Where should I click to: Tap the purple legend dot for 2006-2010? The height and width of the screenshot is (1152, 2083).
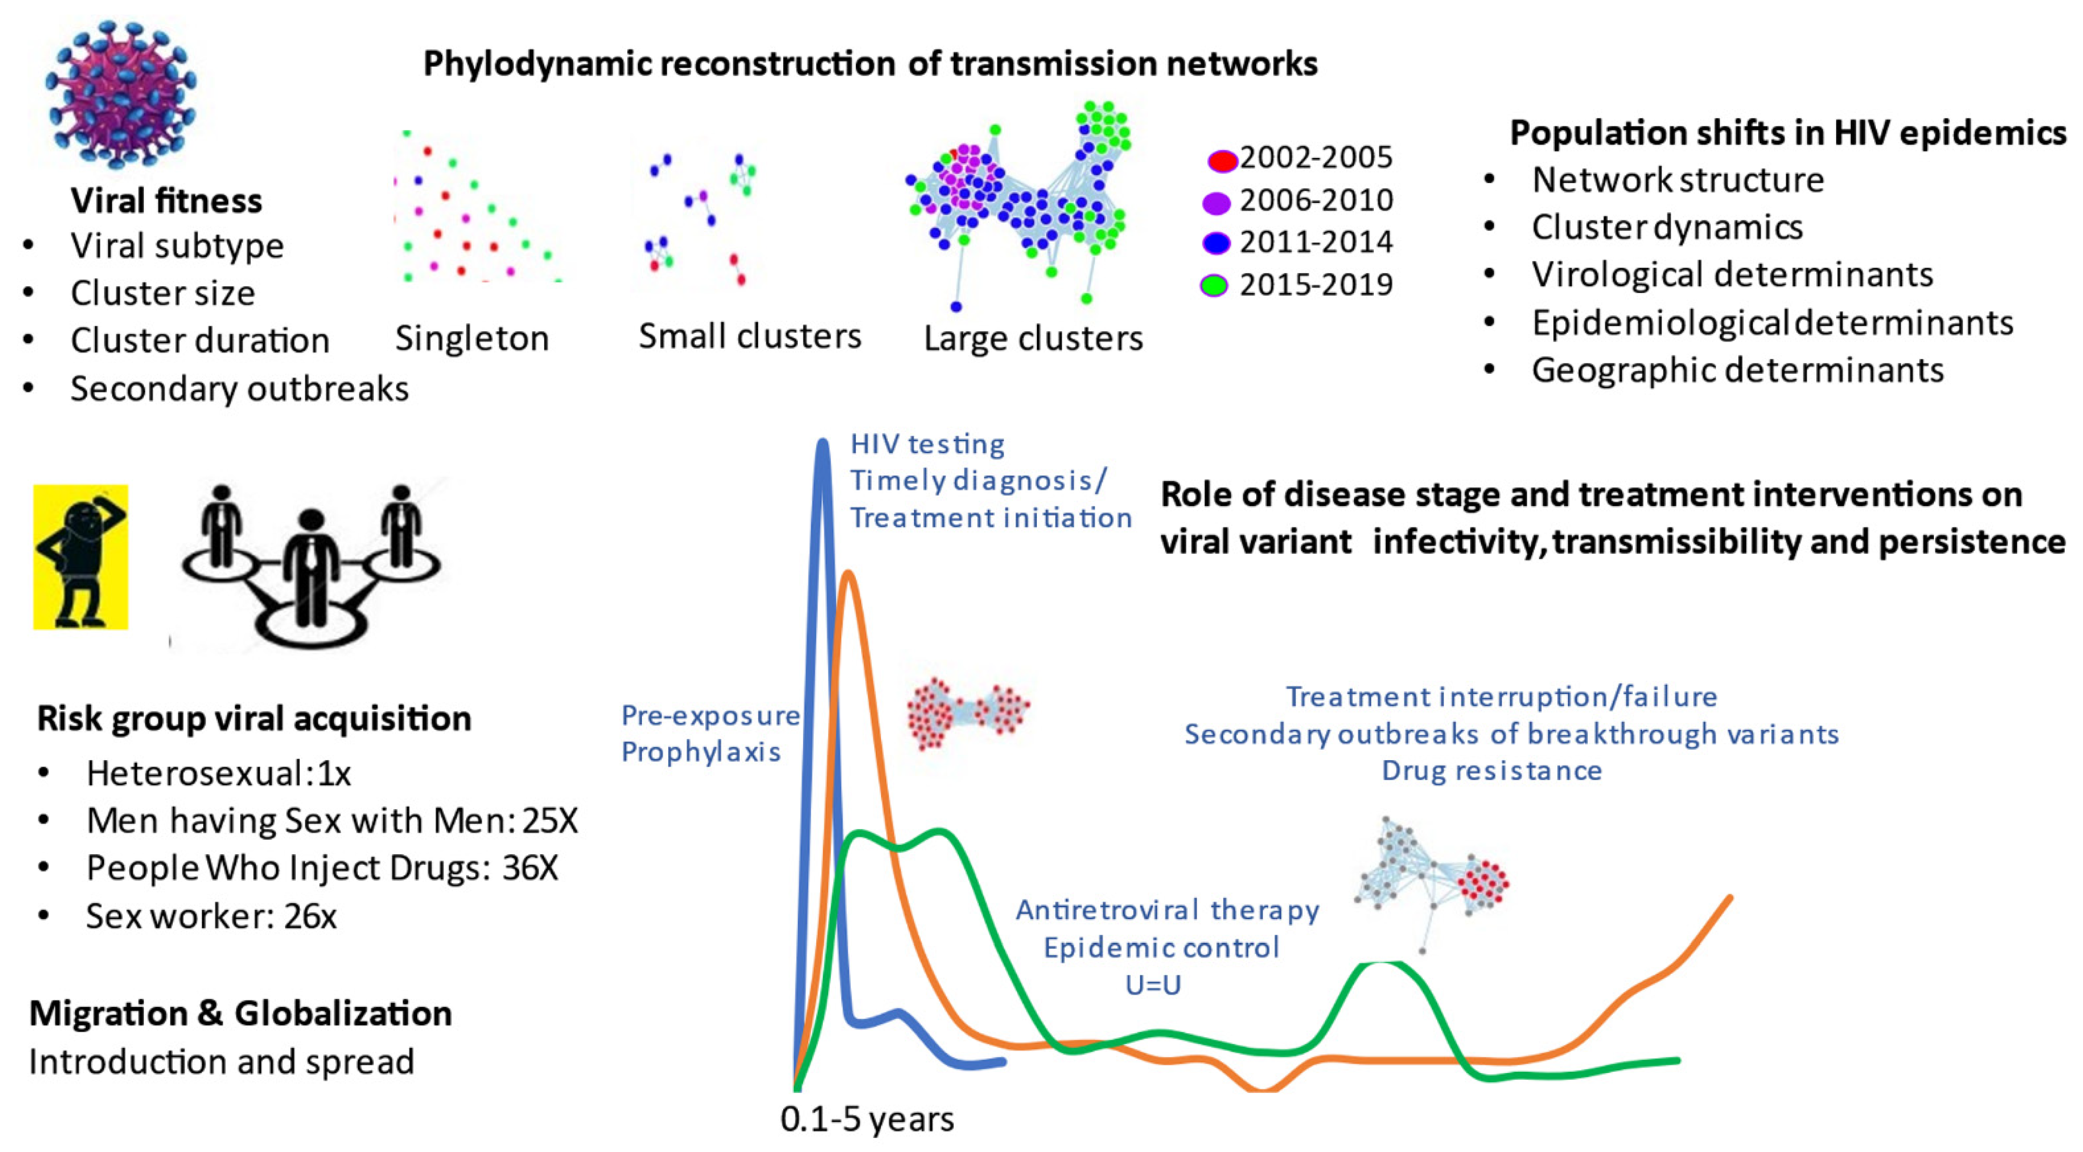coord(1216,202)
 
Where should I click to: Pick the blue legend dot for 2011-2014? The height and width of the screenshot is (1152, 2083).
coord(1216,243)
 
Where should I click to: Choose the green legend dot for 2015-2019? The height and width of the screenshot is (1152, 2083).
coord(1214,285)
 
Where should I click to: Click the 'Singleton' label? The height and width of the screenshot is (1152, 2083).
coord(471,338)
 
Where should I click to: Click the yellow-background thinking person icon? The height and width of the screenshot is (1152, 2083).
coord(80,556)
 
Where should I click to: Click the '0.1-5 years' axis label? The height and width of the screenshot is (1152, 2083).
coord(867,1119)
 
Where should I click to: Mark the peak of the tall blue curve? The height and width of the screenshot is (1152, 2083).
coord(822,444)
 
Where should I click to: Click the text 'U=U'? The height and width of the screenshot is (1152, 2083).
coord(1153,984)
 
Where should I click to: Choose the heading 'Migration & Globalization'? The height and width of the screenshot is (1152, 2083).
coord(240,1014)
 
